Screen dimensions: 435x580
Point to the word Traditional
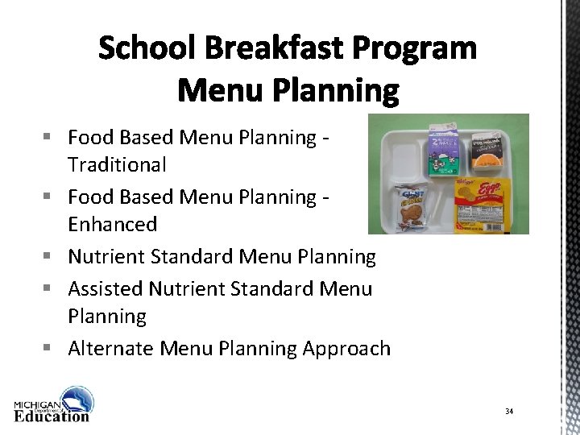coord(117,165)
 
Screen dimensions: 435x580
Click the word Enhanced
coord(112,223)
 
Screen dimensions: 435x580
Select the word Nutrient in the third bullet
coord(104,257)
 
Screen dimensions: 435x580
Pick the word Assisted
coord(105,288)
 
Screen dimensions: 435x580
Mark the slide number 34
coord(509,412)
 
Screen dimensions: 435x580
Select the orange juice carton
coord(483,151)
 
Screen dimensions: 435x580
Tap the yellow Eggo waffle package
coord(483,203)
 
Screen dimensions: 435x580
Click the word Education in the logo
coord(52,416)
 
